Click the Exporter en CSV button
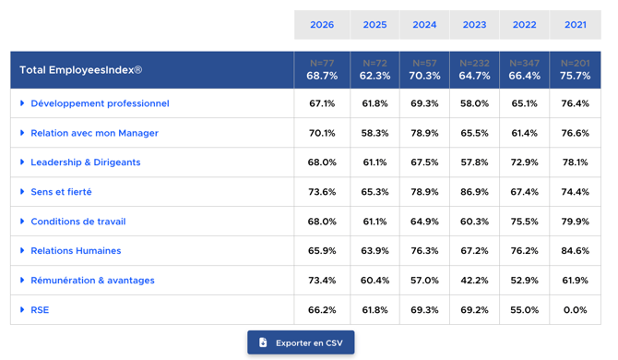pyautogui.click(x=301, y=342)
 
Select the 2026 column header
pyautogui.click(x=322, y=25)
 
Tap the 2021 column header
pyautogui.click(x=576, y=25)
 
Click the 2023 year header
pyautogui.click(x=474, y=25)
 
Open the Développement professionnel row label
pyautogui.click(x=100, y=103)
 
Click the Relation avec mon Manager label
pyautogui.click(x=95, y=133)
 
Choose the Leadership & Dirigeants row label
pyautogui.click(x=86, y=162)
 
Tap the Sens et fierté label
pyautogui.click(x=61, y=192)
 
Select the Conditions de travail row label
pyautogui.click(x=78, y=222)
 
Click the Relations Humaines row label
pyautogui.click(x=76, y=250)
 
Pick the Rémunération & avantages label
pyautogui.click(x=92, y=280)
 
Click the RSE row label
pyautogui.click(x=40, y=310)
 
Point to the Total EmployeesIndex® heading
pyautogui.click(x=81, y=70)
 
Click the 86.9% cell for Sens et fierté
pyautogui.click(x=474, y=192)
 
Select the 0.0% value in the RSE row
pyautogui.click(x=575, y=310)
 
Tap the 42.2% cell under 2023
pyautogui.click(x=474, y=281)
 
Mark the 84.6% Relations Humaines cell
pyautogui.click(x=575, y=251)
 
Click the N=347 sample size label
pyautogui.click(x=524, y=63)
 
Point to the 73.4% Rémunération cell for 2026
pyautogui.click(x=322, y=281)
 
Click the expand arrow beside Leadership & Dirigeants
pyautogui.click(x=22, y=162)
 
